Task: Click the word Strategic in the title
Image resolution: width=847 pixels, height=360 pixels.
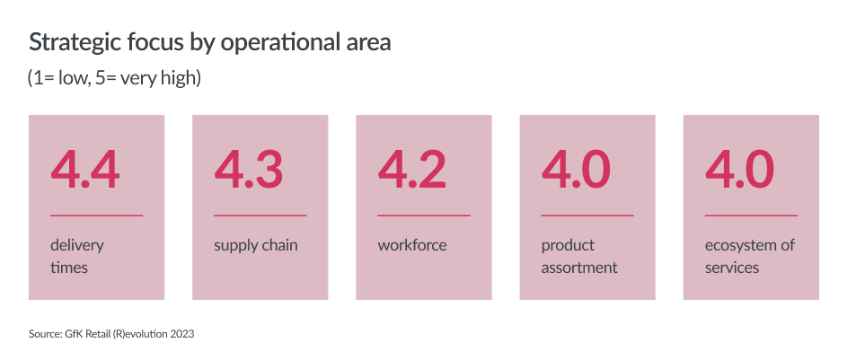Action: [74, 43]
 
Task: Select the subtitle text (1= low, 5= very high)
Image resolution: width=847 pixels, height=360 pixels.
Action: [114, 79]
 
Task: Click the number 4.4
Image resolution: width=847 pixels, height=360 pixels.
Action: [84, 170]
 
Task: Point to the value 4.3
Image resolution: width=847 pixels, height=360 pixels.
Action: [249, 170]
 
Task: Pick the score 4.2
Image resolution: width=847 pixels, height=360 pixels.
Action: [412, 170]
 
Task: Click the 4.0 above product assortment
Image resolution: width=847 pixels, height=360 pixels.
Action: [576, 170]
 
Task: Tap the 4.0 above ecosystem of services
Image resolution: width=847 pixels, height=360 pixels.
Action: [739, 170]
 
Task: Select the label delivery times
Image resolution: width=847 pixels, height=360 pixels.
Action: [77, 257]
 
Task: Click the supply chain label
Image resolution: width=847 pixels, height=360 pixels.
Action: [255, 246]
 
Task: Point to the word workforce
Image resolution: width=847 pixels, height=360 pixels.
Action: [412, 245]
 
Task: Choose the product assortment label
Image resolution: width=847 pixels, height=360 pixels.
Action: [579, 257]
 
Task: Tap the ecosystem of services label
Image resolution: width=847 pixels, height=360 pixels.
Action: [750, 257]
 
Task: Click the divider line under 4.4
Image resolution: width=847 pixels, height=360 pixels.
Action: [97, 215]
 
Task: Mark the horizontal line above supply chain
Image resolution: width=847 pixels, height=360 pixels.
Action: [260, 215]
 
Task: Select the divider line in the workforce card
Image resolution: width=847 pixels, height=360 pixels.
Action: [424, 215]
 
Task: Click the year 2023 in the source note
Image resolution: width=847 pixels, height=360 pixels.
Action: [182, 334]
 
